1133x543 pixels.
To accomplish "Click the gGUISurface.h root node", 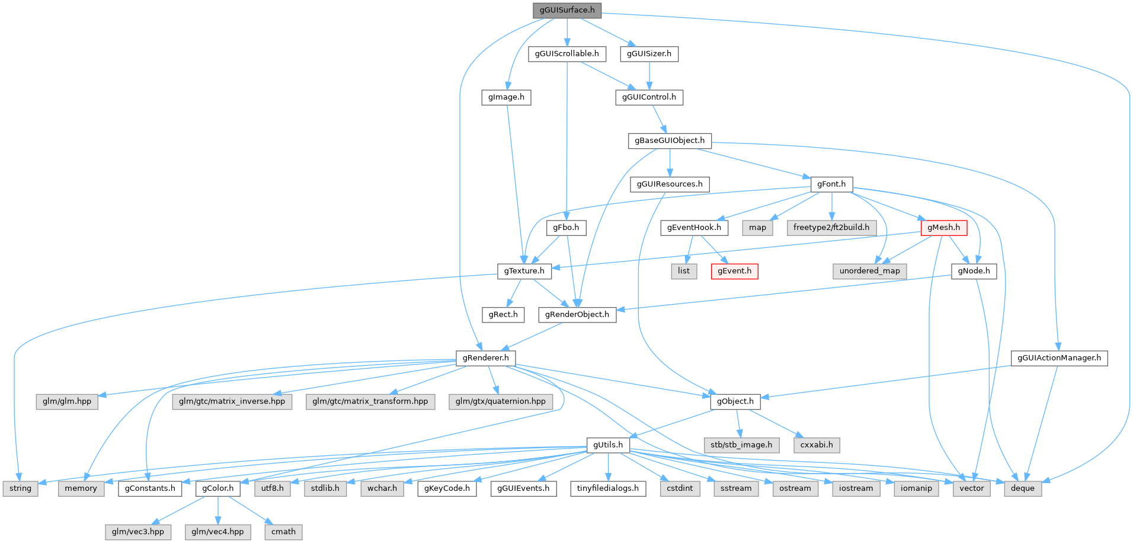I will click(566, 10).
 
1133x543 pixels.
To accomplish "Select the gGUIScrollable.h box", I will click(566, 54).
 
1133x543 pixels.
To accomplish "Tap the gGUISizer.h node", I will click(649, 54).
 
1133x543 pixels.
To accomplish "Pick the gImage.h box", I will click(506, 97).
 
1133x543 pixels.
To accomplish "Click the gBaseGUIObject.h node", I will click(670, 140).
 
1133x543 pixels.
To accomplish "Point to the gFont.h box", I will click(831, 184).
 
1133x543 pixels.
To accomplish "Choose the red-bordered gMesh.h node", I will click(943, 228).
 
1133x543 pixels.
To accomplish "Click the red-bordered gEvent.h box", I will click(734, 271).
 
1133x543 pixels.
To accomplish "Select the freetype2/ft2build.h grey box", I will click(831, 228).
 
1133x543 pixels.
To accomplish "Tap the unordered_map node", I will click(869, 271).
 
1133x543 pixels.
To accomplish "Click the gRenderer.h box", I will click(485, 358).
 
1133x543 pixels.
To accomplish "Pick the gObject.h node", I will click(735, 401).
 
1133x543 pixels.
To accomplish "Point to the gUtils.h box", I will click(608, 445).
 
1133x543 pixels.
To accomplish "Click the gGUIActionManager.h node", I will click(1059, 358).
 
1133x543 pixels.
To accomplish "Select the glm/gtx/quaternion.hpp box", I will click(501, 401).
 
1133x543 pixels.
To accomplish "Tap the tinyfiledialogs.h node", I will click(608, 488).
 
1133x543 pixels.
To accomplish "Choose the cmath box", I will click(283, 532).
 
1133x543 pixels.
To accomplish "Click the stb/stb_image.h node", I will click(741, 445).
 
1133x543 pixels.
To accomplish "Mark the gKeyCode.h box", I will click(447, 488).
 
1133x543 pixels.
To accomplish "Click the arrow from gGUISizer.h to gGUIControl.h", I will click(649, 75).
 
